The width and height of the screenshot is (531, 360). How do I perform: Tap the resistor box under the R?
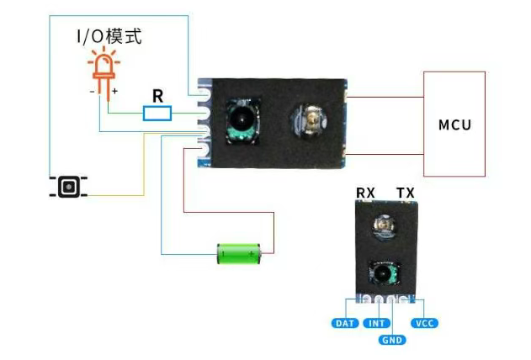point(157,114)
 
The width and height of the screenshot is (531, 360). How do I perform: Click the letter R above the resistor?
point(157,94)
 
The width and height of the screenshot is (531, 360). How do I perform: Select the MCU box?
point(454,124)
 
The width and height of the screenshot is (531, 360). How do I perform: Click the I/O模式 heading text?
point(110,36)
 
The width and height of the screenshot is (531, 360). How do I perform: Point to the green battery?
point(241,252)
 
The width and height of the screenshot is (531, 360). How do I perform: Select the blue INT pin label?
point(376,323)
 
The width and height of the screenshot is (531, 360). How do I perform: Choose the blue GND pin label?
point(392,340)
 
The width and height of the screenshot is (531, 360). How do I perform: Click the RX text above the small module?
point(365,193)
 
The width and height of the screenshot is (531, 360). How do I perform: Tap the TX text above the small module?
point(406,193)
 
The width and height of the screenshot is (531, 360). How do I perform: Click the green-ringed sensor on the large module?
point(240,119)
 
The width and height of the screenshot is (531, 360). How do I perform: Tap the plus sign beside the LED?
point(115,91)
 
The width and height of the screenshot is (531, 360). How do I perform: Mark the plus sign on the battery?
point(251,253)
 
